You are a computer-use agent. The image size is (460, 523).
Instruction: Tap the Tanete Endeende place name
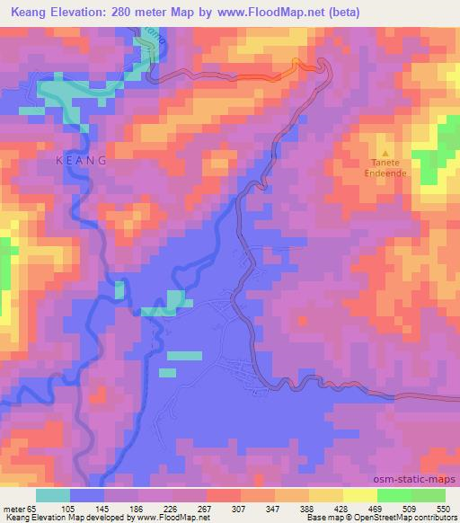(x=386, y=168)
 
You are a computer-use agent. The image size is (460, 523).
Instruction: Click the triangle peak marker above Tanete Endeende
(x=386, y=153)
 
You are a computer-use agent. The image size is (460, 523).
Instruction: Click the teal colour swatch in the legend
(x=53, y=494)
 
